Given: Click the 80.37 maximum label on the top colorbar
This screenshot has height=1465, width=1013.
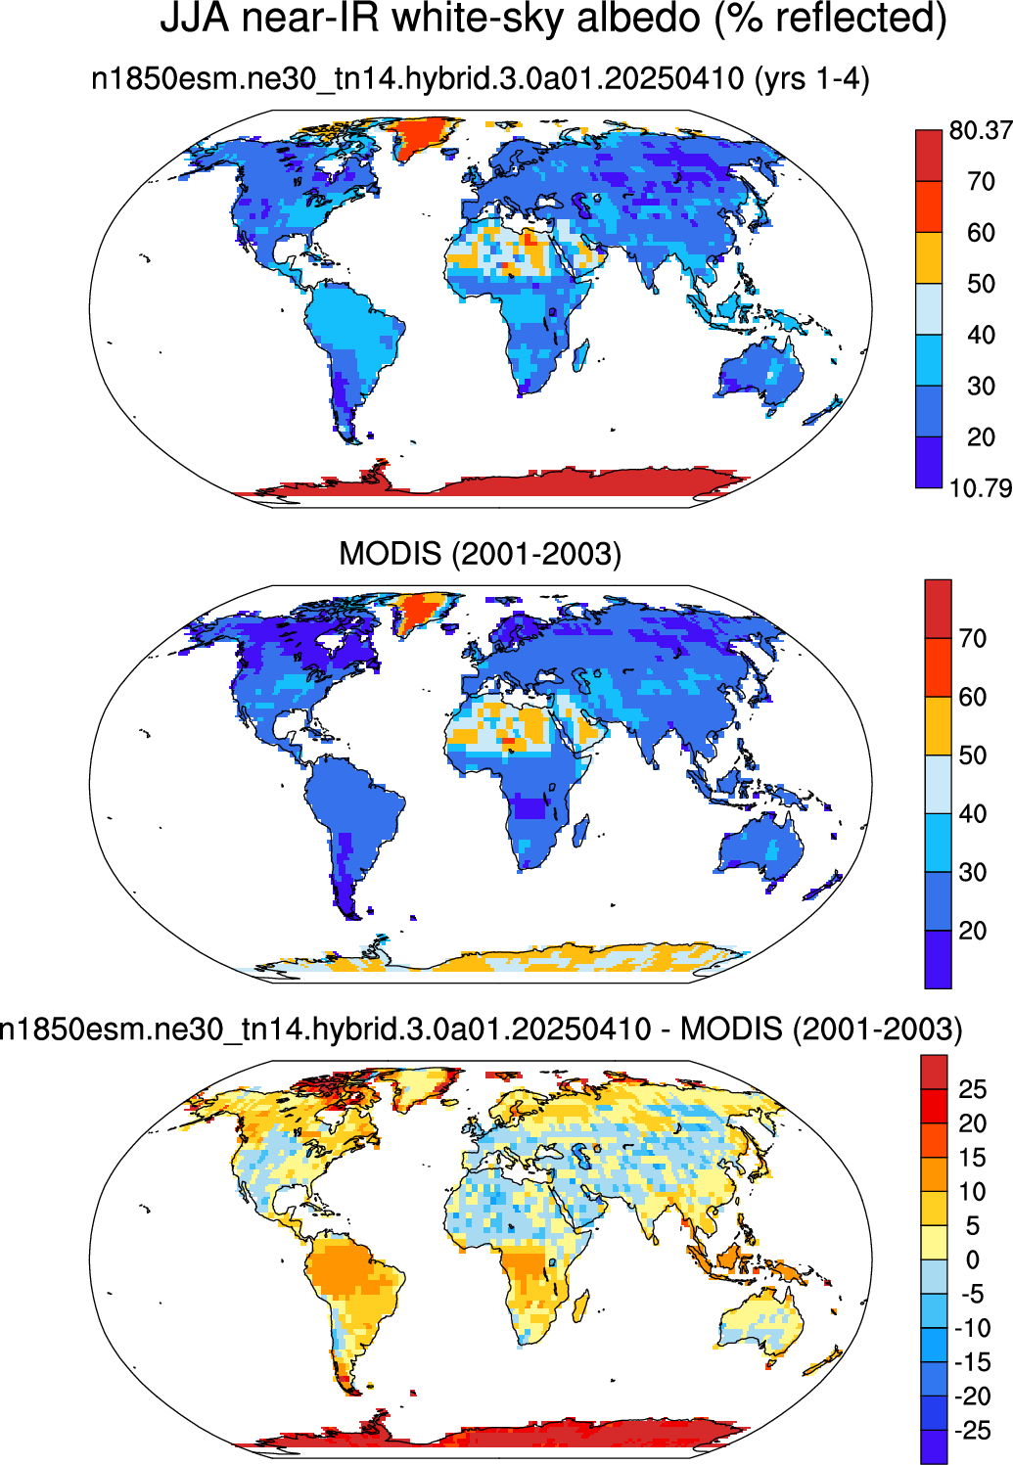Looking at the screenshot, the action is tap(981, 131).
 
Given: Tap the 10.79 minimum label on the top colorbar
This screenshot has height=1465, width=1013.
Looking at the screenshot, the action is tap(981, 488).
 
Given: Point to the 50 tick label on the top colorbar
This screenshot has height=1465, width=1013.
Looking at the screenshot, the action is tap(981, 284).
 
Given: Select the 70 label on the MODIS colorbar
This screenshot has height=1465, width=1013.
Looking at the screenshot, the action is tap(973, 638).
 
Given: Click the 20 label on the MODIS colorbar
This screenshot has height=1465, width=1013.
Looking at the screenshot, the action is tap(973, 930).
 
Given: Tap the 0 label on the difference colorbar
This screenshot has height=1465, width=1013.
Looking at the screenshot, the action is tap(973, 1260).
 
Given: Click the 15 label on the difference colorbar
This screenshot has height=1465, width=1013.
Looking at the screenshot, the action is tap(973, 1159).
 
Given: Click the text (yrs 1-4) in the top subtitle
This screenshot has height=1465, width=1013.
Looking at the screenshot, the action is tap(811, 79).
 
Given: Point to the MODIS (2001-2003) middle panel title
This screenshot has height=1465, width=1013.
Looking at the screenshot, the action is tap(480, 554).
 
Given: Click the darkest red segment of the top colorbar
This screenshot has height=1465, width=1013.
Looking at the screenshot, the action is tap(929, 156).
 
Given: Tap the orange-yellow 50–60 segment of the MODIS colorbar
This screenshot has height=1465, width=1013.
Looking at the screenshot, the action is tap(938, 726).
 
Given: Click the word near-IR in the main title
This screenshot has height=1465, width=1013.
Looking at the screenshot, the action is tap(310, 18).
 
